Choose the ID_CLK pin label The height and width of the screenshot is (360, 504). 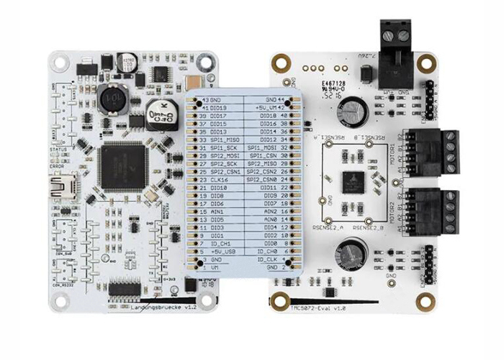(x=270, y=259)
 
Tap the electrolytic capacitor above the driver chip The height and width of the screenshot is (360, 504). (x=354, y=109)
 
